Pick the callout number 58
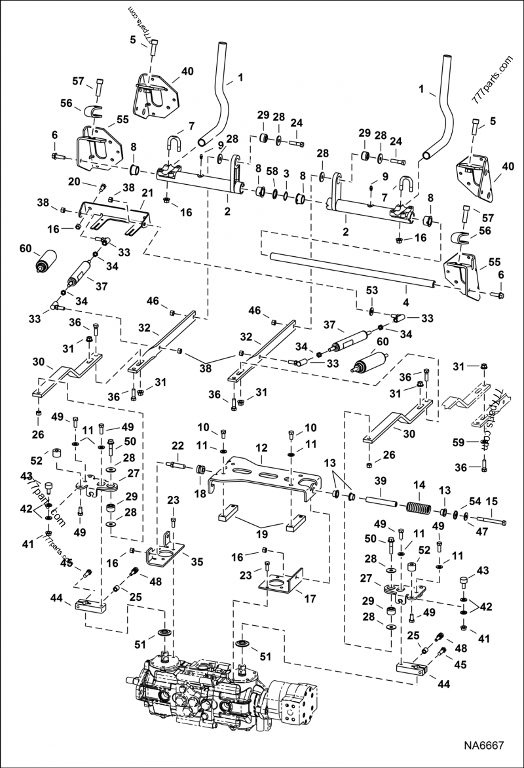pos(272,173)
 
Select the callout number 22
pos(177,446)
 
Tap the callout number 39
pos(379,482)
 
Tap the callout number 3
pos(286,173)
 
